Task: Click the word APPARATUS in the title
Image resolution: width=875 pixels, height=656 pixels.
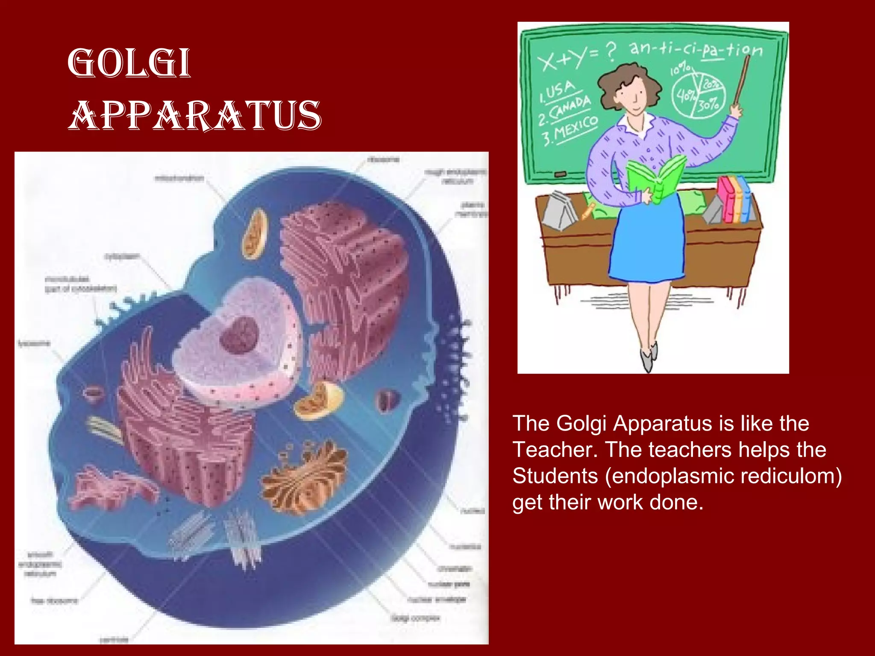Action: [x=194, y=115]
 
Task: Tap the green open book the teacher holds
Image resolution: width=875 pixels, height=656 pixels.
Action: [x=656, y=179]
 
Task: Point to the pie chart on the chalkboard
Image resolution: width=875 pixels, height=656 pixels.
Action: [x=698, y=96]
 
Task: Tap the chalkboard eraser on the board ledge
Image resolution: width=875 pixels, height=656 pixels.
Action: [x=560, y=174]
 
